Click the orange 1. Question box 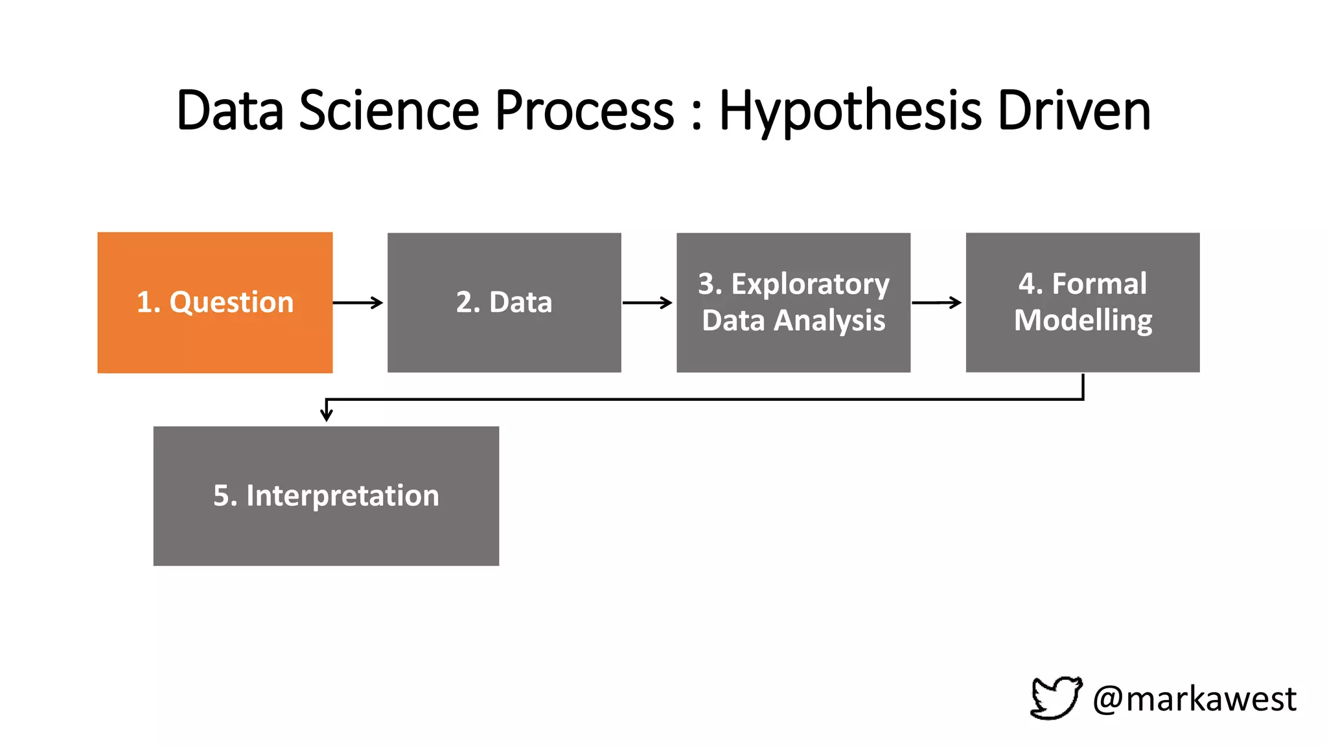214,302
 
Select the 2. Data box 504,302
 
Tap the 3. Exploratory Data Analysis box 793,302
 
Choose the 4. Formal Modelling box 1082,302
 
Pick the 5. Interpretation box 326,495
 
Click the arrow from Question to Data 358,302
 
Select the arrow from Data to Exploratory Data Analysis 647,302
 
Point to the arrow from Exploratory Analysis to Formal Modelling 936,302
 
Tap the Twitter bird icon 1056,697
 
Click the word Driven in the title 1074,110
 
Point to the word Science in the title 388,110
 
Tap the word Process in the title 584,110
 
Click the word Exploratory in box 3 810,284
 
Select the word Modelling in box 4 1083,321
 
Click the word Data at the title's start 230,110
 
